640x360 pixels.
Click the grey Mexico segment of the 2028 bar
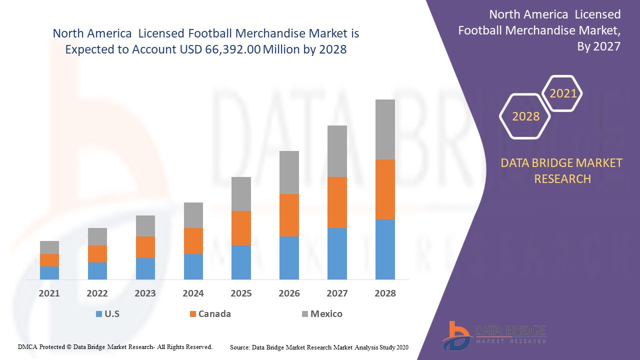[x=385, y=129]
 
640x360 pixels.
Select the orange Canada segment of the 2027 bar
[x=337, y=202]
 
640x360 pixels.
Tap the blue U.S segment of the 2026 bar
[x=289, y=258]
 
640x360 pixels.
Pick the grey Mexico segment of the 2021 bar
[x=49, y=247]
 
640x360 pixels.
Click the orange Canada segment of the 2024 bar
[x=193, y=241]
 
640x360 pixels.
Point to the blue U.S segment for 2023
[x=145, y=268]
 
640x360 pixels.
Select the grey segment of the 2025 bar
[x=241, y=194]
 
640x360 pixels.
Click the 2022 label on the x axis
[x=97, y=293]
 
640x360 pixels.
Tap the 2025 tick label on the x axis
[x=241, y=293]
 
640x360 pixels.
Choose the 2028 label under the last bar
[x=385, y=293]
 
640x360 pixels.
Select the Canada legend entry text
[x=214, y=314]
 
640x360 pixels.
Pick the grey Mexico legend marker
[x=304, y=314]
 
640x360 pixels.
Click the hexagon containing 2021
[x=563, y=93]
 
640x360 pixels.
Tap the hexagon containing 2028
[x=525, y=116]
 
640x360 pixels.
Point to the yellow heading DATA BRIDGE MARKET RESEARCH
[x=562, y=171]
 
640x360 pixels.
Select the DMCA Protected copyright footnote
[x=115, y=346]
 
